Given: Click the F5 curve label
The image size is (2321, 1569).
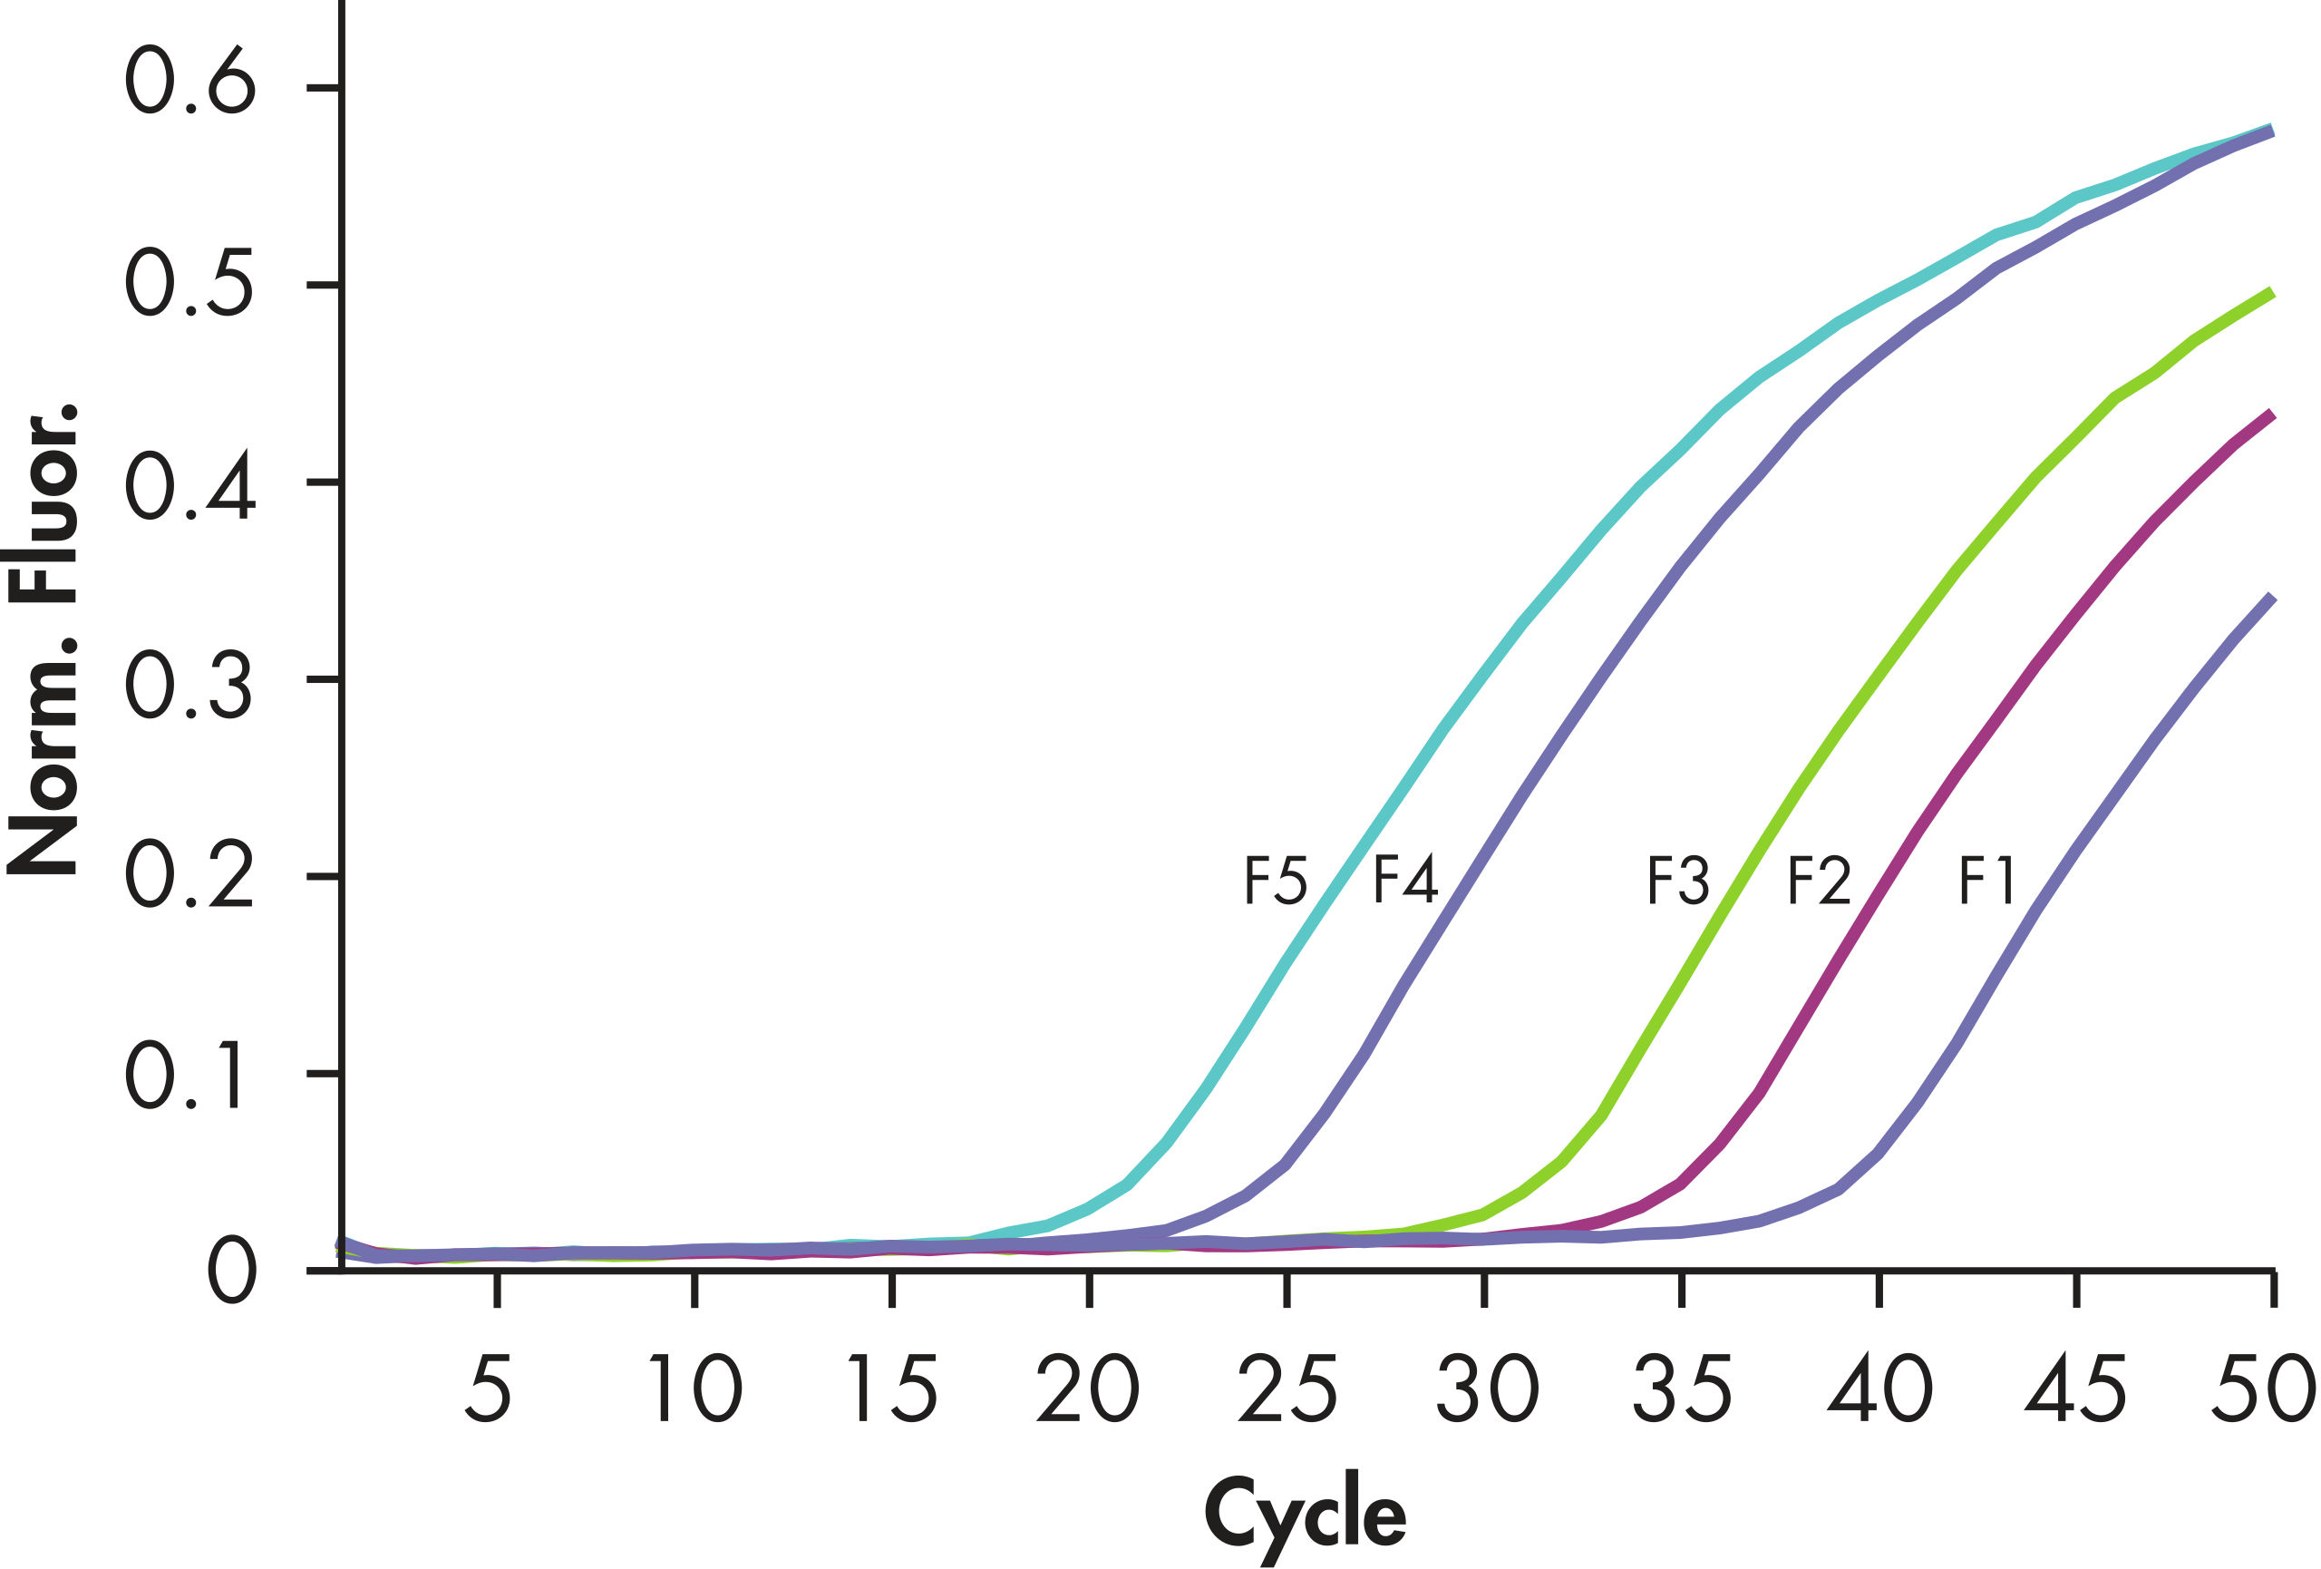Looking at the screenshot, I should click(1275, 881).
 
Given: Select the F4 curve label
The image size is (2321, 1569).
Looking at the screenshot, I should click(1404, 880).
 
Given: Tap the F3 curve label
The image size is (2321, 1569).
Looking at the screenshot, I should click(1678, 881).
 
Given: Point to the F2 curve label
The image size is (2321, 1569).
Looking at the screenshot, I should click(1818, 881).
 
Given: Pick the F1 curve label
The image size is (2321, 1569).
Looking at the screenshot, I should click(1986, 881).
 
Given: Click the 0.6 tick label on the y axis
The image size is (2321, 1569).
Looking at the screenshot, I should click(189, 81).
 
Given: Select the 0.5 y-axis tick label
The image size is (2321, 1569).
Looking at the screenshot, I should click(189, 284).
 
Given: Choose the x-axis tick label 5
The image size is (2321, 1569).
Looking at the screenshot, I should click(489, 1389).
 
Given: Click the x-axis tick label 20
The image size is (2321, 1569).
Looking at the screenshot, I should click(1088, 1389).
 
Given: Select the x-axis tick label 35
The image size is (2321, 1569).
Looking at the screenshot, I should click(1682, 1389).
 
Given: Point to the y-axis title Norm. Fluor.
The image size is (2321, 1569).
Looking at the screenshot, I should click(42, 639).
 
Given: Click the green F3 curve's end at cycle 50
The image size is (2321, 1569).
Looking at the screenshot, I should click(2271, 294).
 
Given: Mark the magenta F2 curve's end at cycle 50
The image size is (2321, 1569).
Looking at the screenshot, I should click(2271, 415).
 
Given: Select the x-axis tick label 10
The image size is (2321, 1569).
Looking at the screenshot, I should click(695, 1389).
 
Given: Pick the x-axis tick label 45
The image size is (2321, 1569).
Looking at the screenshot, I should click(2076, 1389).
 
